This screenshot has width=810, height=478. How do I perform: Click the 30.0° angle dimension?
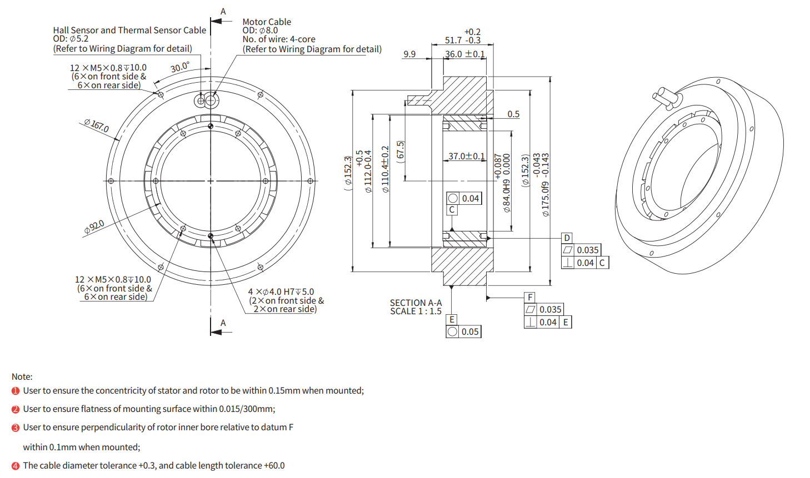click(x=179, y=67)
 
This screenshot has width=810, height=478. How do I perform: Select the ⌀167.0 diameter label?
click(x=97, y=125)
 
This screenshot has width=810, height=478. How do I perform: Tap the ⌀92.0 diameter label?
click(x=94, y=227)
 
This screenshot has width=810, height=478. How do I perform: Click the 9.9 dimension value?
click(x=409, y=54)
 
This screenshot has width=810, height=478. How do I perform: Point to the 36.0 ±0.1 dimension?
click(x=465, y=54)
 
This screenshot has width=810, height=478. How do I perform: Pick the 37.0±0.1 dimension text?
click(x=467, y=157)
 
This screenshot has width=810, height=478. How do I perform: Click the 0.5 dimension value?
click(x=513, y=114)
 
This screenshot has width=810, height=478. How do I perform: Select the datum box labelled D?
click(x=567, y=238)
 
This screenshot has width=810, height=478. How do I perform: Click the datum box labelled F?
click(x=530, y=297)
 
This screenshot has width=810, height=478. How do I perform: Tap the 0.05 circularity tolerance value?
click(x=470, y=331)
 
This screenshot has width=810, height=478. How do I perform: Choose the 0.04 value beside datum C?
click(x=585, y=263)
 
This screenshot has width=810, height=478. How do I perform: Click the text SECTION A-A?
click(x=416, y=303)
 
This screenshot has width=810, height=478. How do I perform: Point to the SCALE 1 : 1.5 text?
click(x=416, y=311)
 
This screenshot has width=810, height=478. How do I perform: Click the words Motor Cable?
click(x=267, y=22)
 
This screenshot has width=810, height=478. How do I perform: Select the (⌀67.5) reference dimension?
click(x=401, y=152)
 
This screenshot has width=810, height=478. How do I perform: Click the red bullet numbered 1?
click(x=16, y=391)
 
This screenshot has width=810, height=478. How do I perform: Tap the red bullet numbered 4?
click(x=16, y=466)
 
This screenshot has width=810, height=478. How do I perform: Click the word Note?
click(x=22, y=376)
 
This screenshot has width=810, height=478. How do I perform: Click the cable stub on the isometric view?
click(x=666, y=96)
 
